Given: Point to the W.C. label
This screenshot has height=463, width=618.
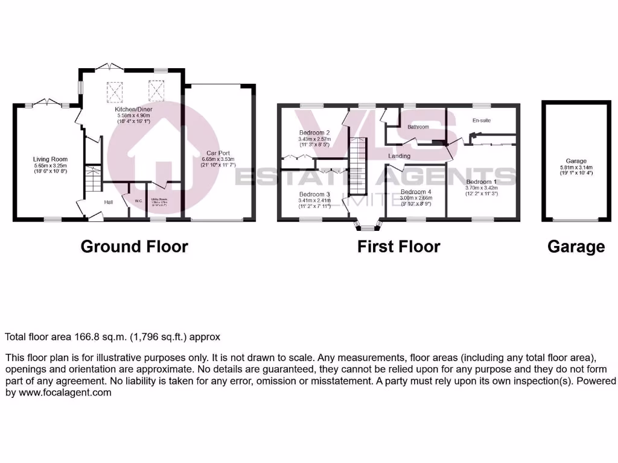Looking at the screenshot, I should [x=138, y=201].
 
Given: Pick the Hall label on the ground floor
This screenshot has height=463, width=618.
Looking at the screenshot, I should [x=109, y=202].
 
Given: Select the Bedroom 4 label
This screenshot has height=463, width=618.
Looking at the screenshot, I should [x=416, y=192].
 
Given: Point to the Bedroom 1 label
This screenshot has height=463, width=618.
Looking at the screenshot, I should [x=481, y=181].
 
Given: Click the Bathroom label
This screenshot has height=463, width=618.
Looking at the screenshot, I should [x=418, y=127].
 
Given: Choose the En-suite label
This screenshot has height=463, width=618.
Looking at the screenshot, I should [x=481, y=121].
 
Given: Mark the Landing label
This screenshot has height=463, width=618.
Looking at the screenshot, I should [x=400, y=156].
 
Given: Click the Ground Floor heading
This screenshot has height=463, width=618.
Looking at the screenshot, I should [x=134, y=246].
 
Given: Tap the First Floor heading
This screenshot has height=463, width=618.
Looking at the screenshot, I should [x=398, y=246].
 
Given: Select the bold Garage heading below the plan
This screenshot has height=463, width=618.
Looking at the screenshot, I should [x=576, y=246].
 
